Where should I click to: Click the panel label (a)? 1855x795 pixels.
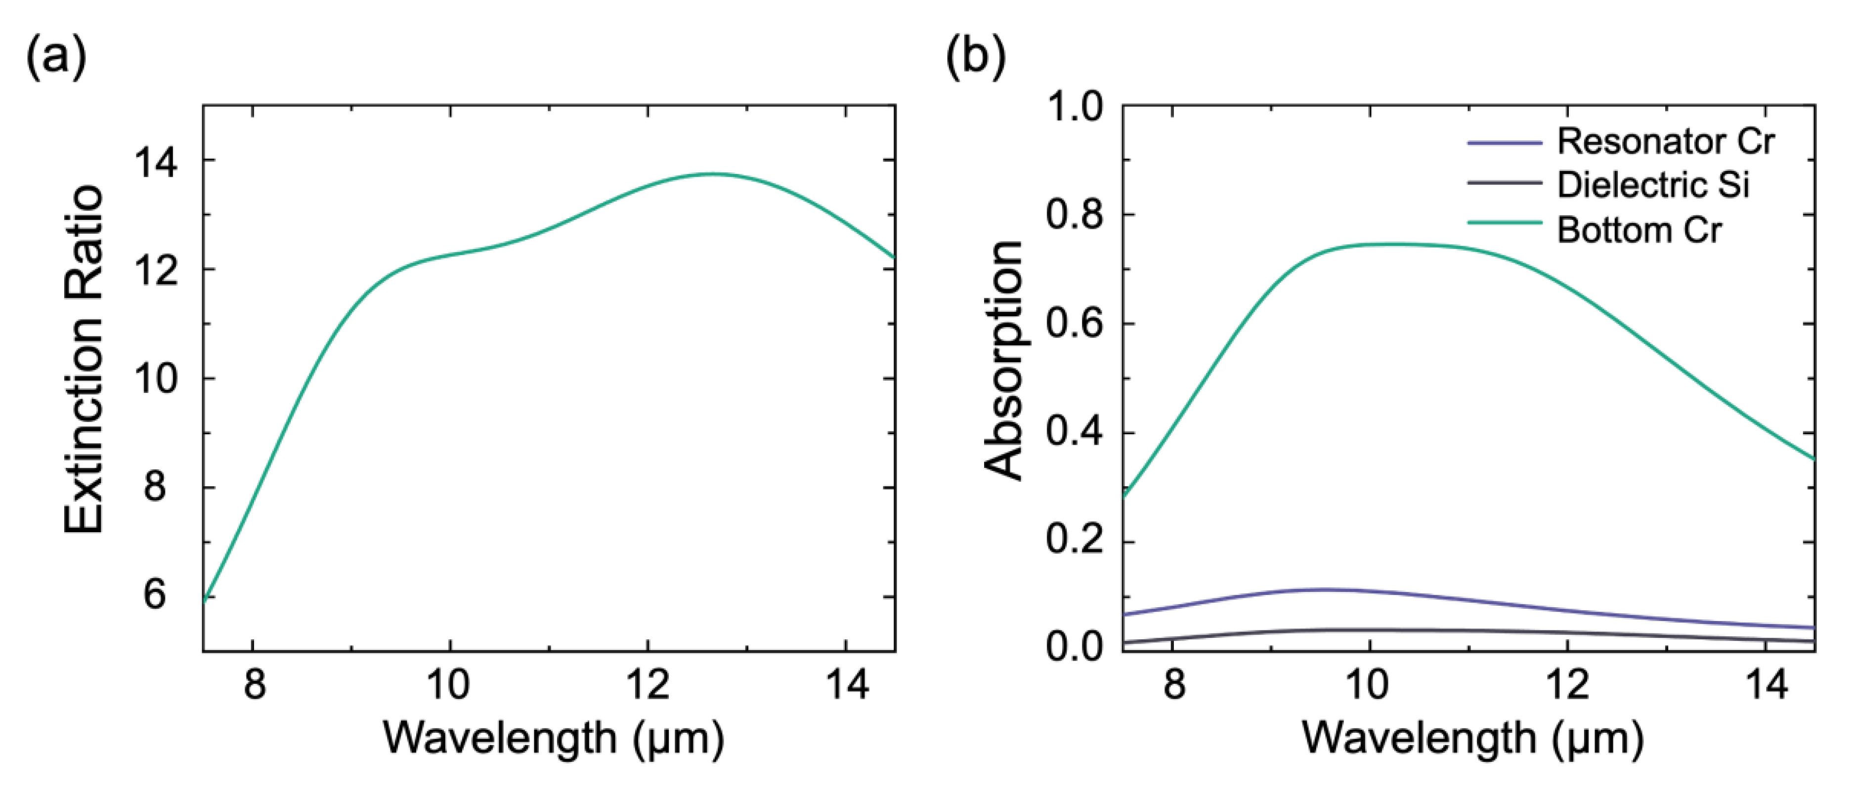click(56, 58)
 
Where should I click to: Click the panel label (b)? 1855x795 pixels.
click(975, 58)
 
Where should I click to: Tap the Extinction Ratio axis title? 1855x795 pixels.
click(84, 360)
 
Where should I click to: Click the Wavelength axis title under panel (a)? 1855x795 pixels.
click(553, 738)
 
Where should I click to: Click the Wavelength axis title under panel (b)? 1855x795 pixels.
click(1472, 738)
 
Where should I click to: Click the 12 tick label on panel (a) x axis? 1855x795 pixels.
click(647, 684)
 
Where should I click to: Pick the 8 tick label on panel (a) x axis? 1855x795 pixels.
click(254, 684)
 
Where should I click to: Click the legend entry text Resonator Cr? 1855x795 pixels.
click(1665, 142)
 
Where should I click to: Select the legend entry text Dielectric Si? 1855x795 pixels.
click(1653, 186)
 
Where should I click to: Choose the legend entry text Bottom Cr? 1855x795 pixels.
click(1638, 230)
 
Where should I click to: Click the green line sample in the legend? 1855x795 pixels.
click(1504, 223)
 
